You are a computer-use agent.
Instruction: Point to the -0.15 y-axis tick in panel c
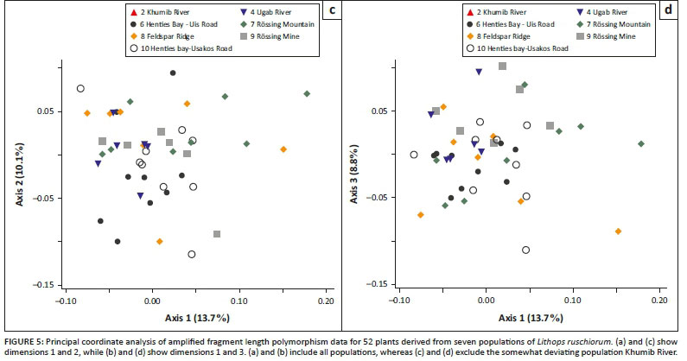[45, 285]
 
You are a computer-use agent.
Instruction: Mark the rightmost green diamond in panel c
[307, 93]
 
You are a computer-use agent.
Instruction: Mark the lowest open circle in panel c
[191, 254]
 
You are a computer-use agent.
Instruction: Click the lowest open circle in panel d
[526, 250]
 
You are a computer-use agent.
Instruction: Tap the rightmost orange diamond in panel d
[618, 231]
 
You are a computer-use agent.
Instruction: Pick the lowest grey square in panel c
[217, 234]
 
